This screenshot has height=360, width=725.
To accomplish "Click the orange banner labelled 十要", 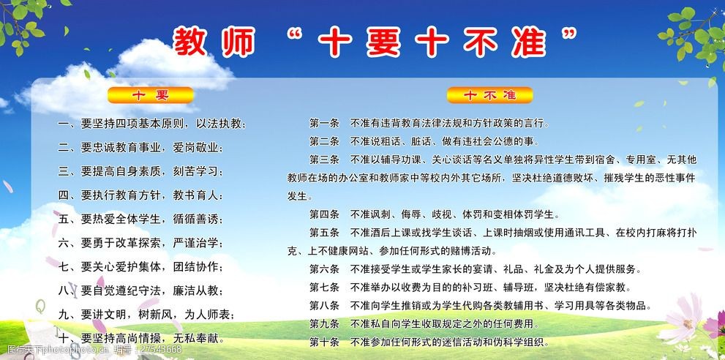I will [149, 95].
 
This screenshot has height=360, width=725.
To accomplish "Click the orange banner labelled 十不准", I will [490, 95].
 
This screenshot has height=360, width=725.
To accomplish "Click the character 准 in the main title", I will [546, 41].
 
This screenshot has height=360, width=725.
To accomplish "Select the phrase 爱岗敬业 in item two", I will [196, 149].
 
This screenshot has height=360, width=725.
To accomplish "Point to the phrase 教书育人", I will [196, 196].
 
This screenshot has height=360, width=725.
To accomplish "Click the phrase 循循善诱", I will [196, 220].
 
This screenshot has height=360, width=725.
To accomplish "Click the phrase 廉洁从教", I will [196, 291].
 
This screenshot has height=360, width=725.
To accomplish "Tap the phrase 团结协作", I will [196, 267].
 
